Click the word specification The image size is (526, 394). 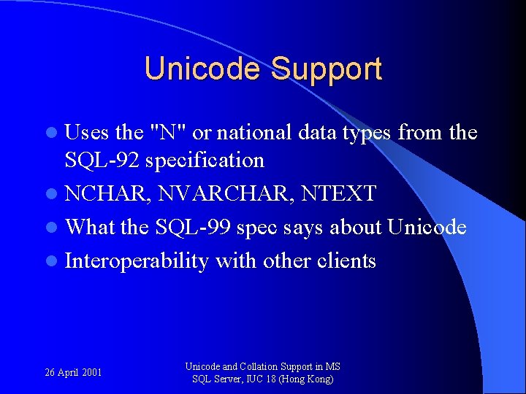pos(205,160)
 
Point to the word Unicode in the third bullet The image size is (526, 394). pos(427,227)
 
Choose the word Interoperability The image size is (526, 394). pos(137,260)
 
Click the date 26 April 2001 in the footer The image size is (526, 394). pos(73,373)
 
